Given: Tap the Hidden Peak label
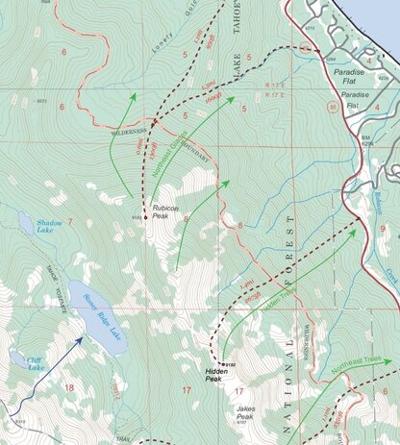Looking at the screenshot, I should coord(219,374).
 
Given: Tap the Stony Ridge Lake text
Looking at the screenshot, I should coord(100,318).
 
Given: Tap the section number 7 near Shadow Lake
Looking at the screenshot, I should coord(69,222).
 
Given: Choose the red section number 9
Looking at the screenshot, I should coord(383,229).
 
